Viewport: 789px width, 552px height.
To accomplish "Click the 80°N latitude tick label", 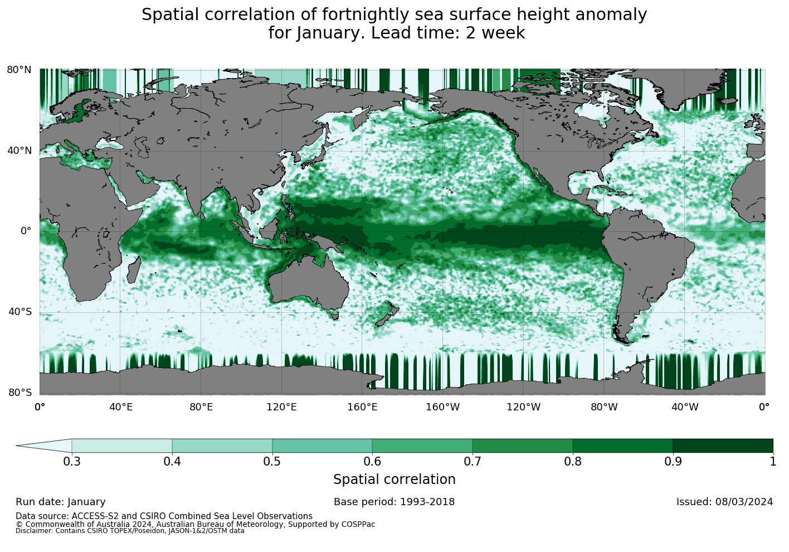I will tap(19, 70).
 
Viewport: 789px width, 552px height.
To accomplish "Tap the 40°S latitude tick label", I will tap(19, 312).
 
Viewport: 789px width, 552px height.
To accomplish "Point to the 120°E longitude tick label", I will tap(282, 407).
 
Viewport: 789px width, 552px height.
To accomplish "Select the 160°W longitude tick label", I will tap(443, 407).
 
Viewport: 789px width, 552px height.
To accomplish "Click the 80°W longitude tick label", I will tap(604, 407).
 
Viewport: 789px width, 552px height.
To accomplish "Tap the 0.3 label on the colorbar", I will tap(71, 461).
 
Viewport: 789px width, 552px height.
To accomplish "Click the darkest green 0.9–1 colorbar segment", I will tap(723, 446).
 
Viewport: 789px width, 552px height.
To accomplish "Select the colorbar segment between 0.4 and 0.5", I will tap(222, 446).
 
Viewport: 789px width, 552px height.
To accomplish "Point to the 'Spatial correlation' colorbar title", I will tap(394, 480).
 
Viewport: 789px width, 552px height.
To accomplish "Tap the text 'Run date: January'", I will tap(60, 502).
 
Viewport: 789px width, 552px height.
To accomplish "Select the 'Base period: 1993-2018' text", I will tap(394, 502).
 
